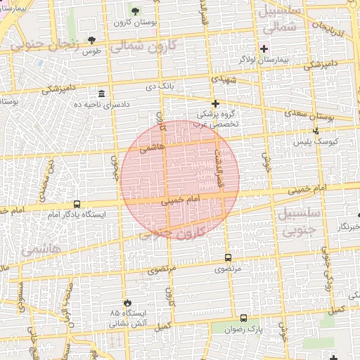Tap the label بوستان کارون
[x=135, y=23]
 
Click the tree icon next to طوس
[x=92, y=39]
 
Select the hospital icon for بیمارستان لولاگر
[x=264, y=49]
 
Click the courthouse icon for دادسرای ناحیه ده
[x=102, y=94]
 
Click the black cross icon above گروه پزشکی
[x=215, y=103]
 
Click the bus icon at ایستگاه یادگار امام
[x=77, y=204]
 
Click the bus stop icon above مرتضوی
[x=227, y=257]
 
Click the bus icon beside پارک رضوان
[x=243, y=318]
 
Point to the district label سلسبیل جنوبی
[x=299, y=219]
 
